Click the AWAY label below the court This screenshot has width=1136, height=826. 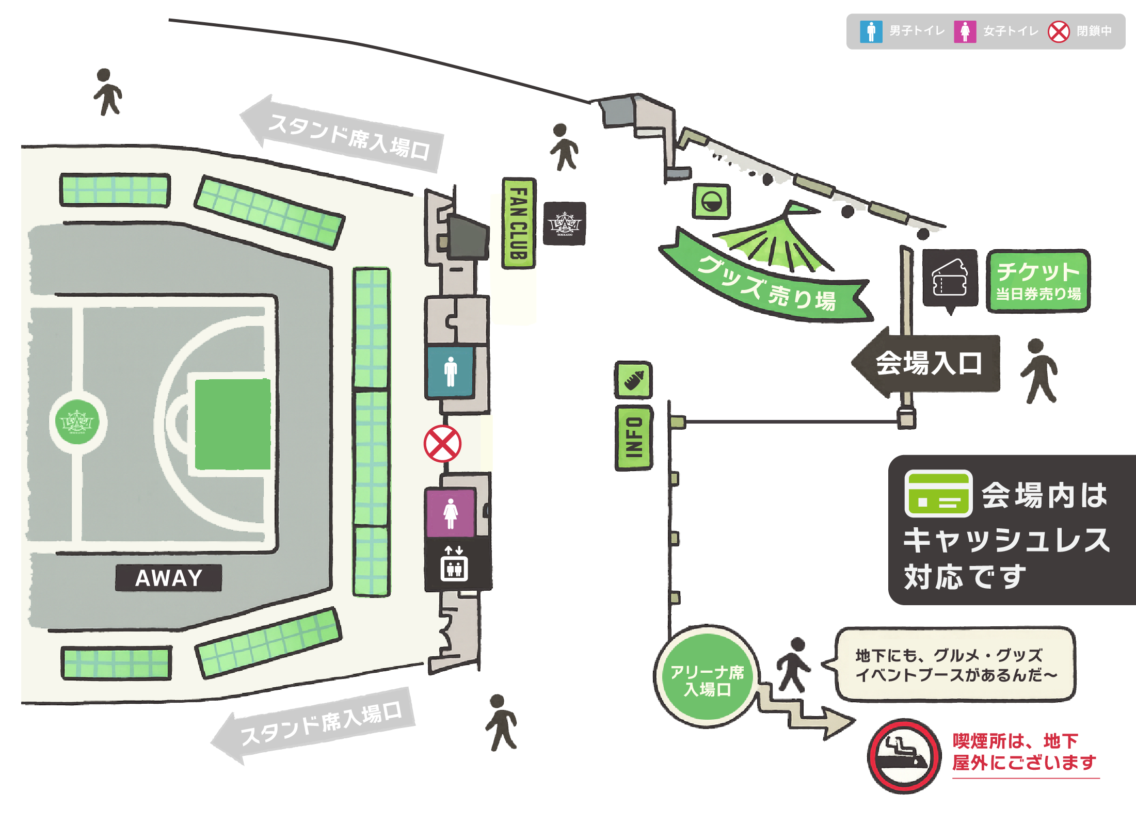pyautogui.click(x=168, y=578)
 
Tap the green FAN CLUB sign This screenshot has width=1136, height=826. pyautogui.click(x=519, y=223)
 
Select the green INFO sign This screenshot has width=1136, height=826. pyautogui.click(x=634, y=438)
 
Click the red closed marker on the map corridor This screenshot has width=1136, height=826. pyautogui.click(x=442, y=444)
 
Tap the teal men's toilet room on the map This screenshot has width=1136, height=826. pyautogui.click(x=451, y=371)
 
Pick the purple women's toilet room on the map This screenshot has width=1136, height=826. pyautogui.click(x=451, y=513)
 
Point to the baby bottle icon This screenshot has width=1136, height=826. pyautogui.click(x=633, y=380)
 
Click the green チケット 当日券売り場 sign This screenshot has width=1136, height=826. pyautogui.click(x=1038, y=281)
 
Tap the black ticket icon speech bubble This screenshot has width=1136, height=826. pyautogui.click(x=950, y=279)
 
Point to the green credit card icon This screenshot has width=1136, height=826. pyautogui.click(x=938, y=494)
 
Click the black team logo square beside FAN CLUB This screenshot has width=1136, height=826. pyautogui.click(x=565, y=223)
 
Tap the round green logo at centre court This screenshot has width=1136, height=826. pyautogui.click(x=77, y=422)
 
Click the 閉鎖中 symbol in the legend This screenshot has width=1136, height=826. pyautogui.click(x=1059, y=31)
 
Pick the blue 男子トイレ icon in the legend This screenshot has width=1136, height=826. pyautogui.click(x=871, y=31)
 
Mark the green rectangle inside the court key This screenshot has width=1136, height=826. pyautogui.click(x=233, y=424)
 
